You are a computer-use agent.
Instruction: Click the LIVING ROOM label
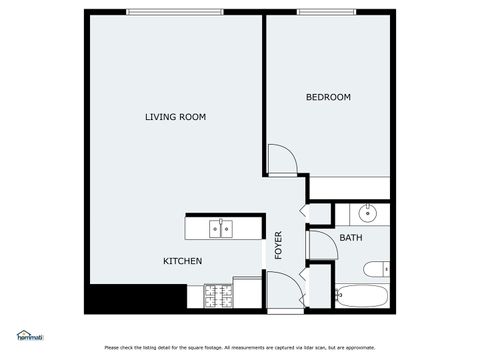(x=175, y=117)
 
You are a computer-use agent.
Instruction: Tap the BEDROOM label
(x=328, y=97)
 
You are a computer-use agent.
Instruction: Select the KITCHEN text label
(x=183, y=261)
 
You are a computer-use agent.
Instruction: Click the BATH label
(x=351, y=238)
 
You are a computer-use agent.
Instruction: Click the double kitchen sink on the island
(x=220, y=229)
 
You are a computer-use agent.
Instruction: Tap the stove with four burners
(x=217, y=297)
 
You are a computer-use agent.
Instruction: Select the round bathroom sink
(x=367, y=212)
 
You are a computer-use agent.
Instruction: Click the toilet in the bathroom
(x=375, y=268)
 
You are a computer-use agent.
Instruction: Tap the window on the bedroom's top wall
(x=326, y=12)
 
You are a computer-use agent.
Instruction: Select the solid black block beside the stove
(x=136, y=299)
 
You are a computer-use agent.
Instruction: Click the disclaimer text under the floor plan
(x=240, y=347)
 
